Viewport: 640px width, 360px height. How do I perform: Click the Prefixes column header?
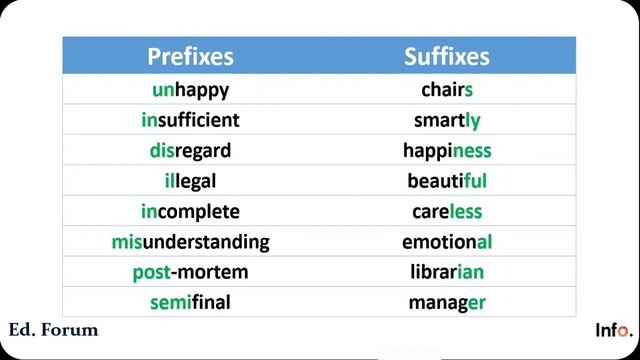click(x=190, y=56)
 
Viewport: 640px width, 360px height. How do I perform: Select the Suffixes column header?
click(x=447, y=56)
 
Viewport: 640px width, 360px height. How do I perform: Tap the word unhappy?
click(x=190, y=90)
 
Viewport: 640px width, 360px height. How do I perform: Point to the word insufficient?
click(x=190, y=121)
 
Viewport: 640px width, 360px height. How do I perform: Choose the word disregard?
click(x=190, y=151)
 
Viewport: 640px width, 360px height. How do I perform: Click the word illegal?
click(x=190, y=181)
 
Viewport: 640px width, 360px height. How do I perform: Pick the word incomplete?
click(x=190, y=212)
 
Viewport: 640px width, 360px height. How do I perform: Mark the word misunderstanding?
click(x=190, y=242)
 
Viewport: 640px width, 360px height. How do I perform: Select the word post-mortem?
click(x=190, y=272)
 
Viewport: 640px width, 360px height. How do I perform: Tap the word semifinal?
click(x=190, y=302)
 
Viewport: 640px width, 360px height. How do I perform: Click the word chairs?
click(x=447, y=90)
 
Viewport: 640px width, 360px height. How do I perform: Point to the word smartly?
click(x=447, y=121)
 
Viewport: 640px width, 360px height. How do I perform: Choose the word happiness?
click(x=447, y=151)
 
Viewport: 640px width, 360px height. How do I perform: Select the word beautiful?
click(x=447, y=181)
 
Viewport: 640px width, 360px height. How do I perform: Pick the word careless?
click(x=447, y=212)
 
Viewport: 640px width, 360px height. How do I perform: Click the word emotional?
click(x=447, y=242)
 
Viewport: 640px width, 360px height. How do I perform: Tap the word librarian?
click(x=447, y=272)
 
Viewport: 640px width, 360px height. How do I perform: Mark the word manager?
click(x=447, y=302)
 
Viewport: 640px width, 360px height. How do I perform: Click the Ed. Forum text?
click(x=53, y=330)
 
